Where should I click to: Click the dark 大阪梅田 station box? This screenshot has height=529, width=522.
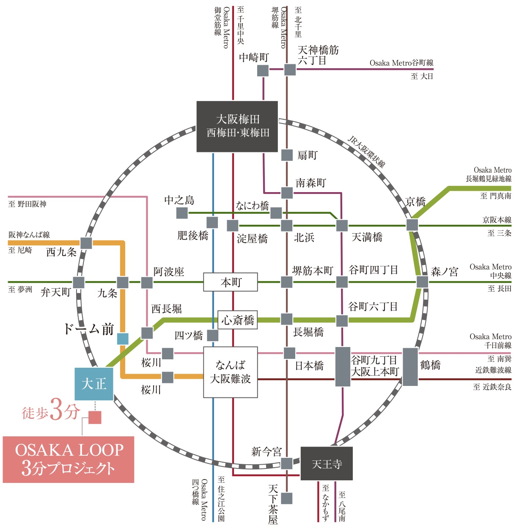click(237, 126)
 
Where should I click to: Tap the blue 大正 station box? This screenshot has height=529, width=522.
click(94, 384)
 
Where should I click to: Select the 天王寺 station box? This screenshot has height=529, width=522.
click(327, 464)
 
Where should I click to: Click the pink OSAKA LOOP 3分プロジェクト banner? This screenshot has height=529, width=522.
click(69, 460)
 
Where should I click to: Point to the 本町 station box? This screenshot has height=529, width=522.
click(231, 282)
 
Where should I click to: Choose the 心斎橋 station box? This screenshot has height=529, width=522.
click(237, 320)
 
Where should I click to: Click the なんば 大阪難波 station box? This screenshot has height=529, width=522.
click(231, 372)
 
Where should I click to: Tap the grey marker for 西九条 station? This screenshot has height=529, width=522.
click(86, 243)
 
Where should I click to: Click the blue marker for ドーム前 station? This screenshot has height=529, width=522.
click(123, 339)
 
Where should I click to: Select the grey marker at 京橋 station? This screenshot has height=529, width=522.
click(412, 225)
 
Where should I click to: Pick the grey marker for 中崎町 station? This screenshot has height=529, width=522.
click(263, 70)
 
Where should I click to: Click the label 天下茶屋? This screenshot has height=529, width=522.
click(273, 504)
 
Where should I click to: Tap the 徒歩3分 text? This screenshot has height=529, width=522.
click(51, 410)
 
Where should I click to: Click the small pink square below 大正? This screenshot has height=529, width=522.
click(95, 417)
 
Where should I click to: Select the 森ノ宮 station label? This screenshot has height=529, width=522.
click(444, 272)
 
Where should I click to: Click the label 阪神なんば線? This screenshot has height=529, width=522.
click(29, 235)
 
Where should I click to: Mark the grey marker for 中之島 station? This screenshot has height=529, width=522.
click(182, 213)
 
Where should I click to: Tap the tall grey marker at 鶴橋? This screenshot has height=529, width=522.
click(410, 367)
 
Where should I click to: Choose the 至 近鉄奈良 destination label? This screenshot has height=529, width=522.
click(492, 387)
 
